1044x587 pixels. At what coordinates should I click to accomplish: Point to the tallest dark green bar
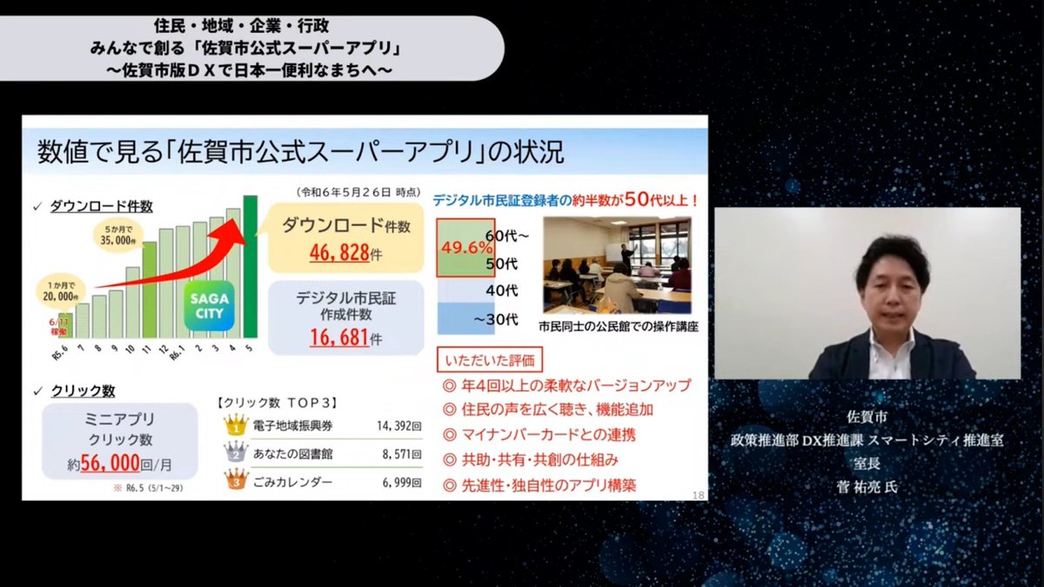(x=251, y=265)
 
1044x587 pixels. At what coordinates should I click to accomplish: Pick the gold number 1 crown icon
(x=236, y=426)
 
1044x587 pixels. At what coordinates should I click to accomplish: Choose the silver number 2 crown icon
(x=236, y=453)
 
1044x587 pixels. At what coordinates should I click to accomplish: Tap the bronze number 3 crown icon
(x=236, y=479)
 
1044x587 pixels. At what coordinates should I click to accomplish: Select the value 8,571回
(x=402, y=453)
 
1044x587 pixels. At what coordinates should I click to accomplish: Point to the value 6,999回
(x=402, y=480)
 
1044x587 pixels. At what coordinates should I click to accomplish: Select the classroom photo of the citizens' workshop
(x=617, y=265)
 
